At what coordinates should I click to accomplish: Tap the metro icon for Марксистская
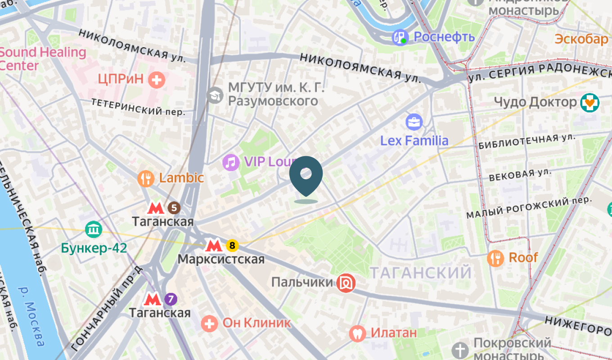[x=213, y=246]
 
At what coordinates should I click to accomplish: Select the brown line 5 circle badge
[x=174, y=208]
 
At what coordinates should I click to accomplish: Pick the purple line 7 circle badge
[x=171, y=299]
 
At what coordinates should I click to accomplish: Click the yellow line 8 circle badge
[x=232, y=246]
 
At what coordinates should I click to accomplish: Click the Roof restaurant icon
[x=495, y=258]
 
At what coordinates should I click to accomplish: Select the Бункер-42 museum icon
[x=94, y=229]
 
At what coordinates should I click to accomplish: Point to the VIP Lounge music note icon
[x=231, y=162]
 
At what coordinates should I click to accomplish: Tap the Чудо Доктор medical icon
[x=589, y=103]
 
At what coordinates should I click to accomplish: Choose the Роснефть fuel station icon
[x=400, y=37]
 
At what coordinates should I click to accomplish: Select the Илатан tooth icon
[x=357, y=333]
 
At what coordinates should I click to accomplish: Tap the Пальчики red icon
[x=346, y=283]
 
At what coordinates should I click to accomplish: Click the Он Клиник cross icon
[x=209, y=323]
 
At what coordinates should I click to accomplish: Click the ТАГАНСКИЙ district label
[x=420, y=272]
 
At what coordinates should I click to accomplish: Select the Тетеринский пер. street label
[x=138, y=107]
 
